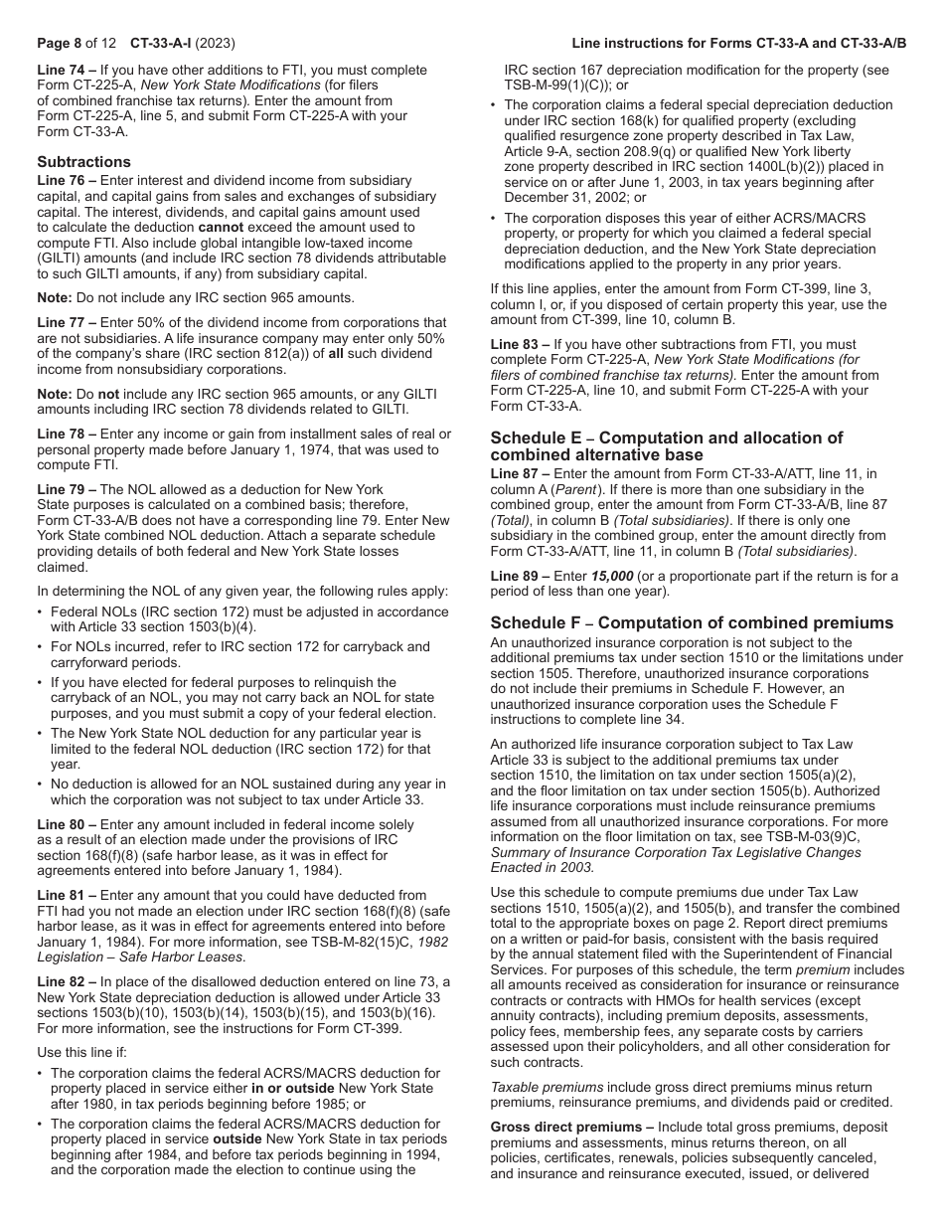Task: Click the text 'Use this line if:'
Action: click(x=87, y=1052)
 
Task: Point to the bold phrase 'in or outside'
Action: click(x=294, y=1089)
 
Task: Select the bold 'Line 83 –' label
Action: click(x=520, y=344)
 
